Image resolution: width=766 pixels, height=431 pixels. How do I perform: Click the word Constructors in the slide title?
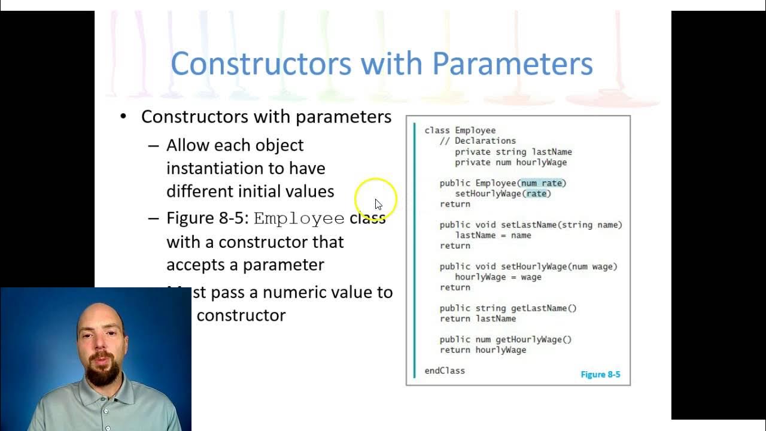point(261,63)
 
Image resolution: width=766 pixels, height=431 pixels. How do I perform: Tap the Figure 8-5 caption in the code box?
point(600,375)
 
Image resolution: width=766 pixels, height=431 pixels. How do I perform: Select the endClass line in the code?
point(445,371)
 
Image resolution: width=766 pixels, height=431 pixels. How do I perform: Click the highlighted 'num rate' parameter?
point(542,183)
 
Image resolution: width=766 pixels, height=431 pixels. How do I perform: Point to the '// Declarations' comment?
point(478,141)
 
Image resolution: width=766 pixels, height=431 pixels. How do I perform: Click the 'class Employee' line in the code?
point(460,130)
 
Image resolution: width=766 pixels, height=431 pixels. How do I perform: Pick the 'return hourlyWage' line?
point(483,350)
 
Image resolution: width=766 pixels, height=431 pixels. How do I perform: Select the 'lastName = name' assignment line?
point(493,235)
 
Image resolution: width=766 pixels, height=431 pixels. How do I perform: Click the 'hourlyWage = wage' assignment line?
point(498,277)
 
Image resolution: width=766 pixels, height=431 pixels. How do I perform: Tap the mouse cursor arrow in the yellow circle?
point(378,204)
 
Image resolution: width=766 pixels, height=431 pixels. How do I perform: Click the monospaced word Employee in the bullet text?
point(299,218)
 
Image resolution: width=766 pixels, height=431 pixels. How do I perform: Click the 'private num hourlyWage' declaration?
point(510,162)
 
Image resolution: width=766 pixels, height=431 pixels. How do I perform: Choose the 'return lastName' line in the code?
point(478,318)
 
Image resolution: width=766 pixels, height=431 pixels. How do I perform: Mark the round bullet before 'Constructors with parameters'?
point(123,116)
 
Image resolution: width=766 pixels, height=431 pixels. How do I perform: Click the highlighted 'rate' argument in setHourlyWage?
point(536,193)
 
